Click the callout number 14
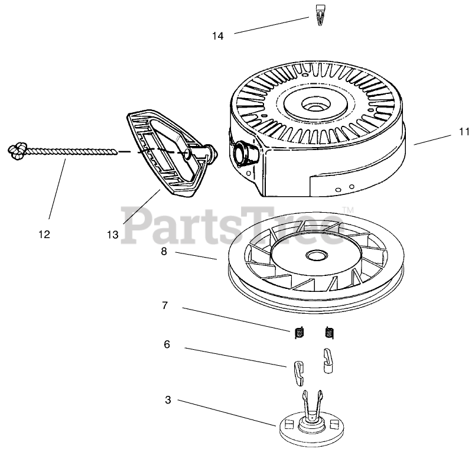218,36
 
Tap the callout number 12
44,234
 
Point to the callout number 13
113,235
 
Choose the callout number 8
163,251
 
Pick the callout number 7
165,305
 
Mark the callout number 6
167,344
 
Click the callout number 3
168,400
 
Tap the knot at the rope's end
18,151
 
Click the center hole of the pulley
313,256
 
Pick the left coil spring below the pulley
300,333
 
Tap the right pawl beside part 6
327,360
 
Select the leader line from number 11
434,138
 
